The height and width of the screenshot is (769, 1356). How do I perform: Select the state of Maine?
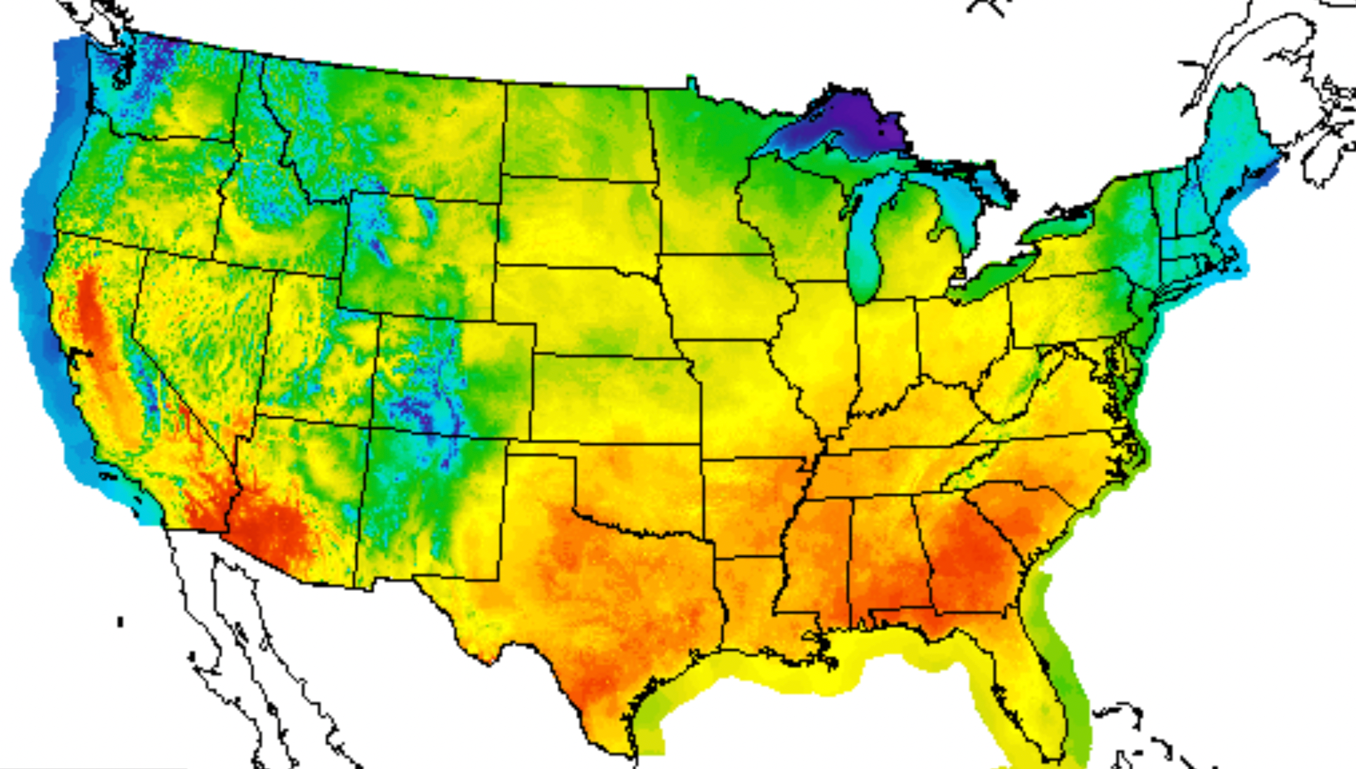1234,135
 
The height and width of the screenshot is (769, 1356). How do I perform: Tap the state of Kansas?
611,400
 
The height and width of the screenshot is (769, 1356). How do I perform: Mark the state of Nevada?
200,329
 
